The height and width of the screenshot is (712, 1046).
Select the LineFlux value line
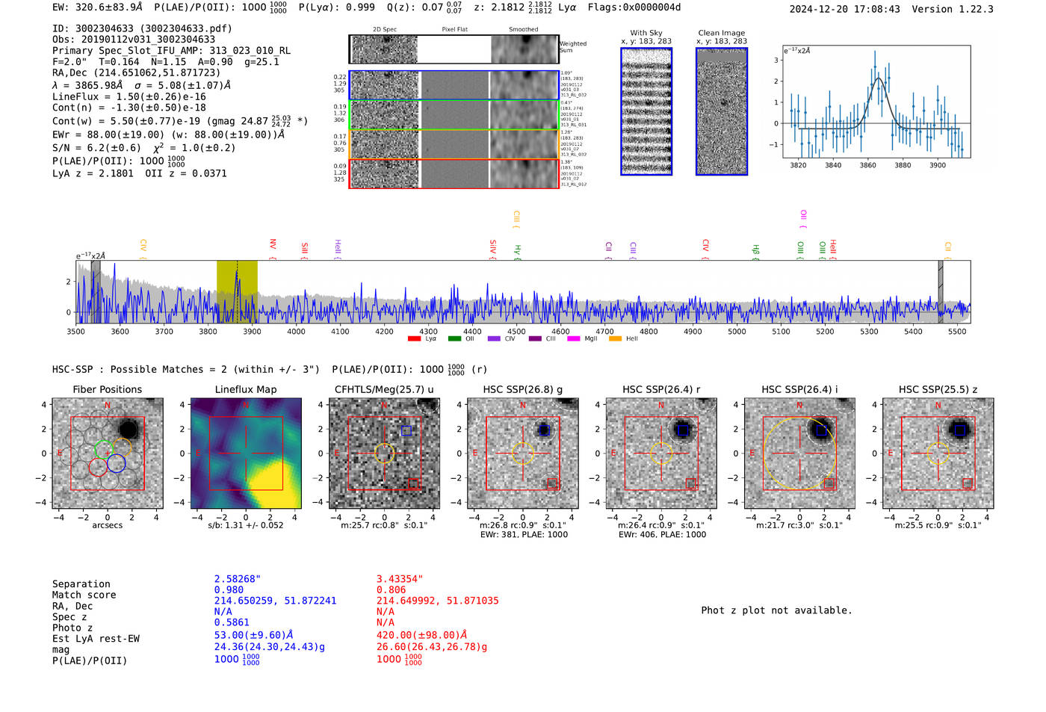(129, 96)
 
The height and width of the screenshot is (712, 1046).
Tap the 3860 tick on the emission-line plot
(867, 165)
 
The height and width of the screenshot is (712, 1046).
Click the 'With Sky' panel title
(646, 33)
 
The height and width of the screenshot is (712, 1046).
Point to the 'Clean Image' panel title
(721, 33)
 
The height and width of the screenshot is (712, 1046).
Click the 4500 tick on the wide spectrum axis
(516, 331)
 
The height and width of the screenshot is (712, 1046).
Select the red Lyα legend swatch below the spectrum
(414, 339)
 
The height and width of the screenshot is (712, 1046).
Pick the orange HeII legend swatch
(615, 339)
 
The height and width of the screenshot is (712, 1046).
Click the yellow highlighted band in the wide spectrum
(237, 291)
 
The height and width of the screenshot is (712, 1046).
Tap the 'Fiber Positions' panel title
(107, 389)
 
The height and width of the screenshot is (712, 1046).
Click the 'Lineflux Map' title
(245, 389)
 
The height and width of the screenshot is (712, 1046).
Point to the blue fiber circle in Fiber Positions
(116, 463)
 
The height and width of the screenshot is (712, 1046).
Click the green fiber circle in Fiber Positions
(103, 450)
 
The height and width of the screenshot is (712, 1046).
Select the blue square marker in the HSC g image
(544, 430)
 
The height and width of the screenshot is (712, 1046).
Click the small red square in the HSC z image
(967, 483)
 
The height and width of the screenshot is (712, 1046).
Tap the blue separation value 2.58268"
(238, 579)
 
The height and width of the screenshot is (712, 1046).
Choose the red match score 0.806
(392, 589)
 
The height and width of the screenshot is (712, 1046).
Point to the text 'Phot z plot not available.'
(776, 610)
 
